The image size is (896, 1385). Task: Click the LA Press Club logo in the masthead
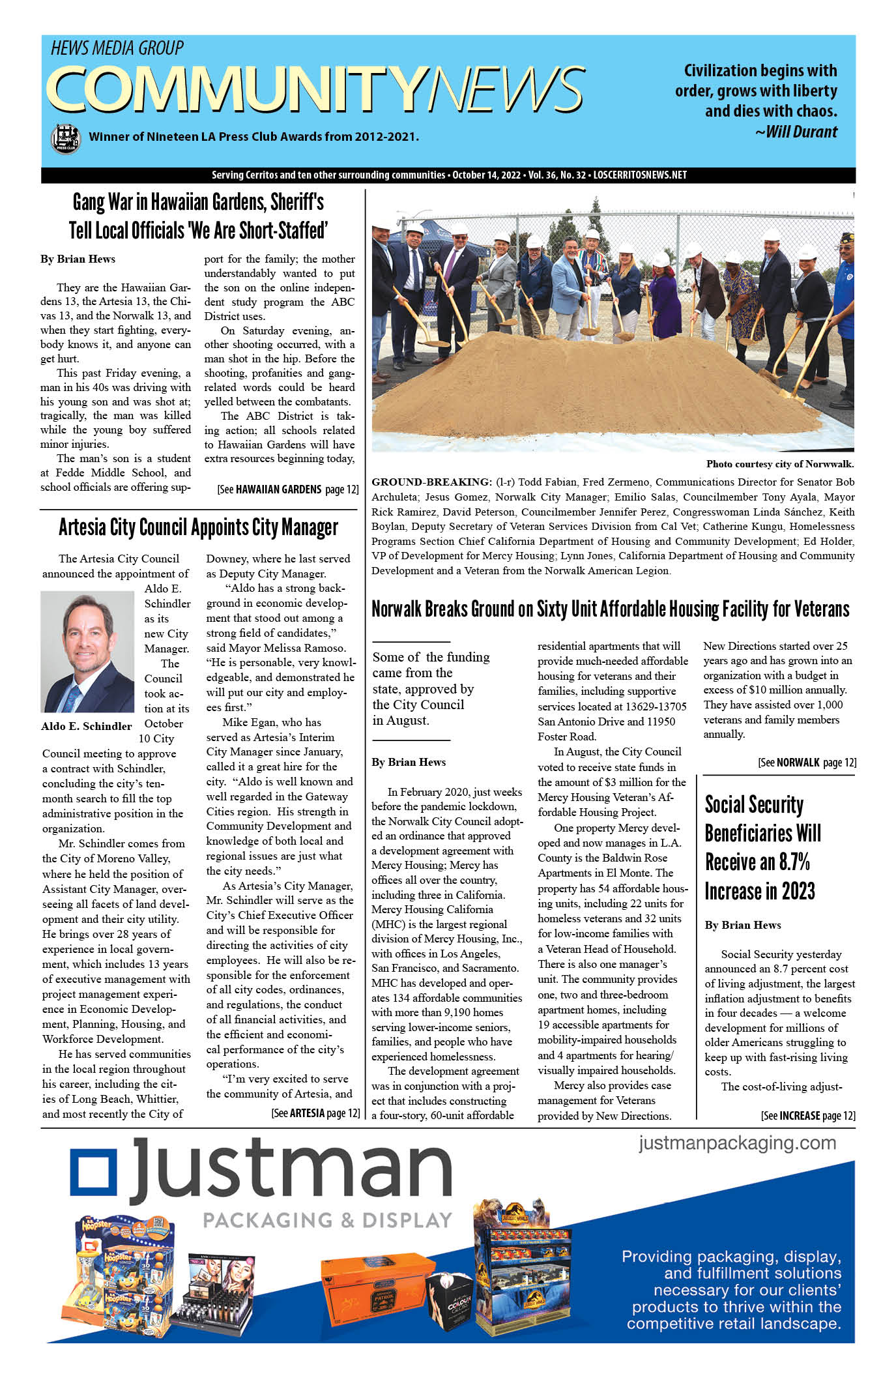(x=65, y=138)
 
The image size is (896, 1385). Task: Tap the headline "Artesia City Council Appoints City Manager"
(x=198, y=527)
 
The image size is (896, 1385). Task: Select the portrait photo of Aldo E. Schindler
(x=87, y=651)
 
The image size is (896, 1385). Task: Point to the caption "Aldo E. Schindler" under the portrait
(x=86, y=726)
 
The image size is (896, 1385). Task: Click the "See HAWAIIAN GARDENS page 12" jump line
(x=287, y=489)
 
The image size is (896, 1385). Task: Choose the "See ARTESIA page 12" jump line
(x=315, y=1113)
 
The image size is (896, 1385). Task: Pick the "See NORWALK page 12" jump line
(x=807, y=762)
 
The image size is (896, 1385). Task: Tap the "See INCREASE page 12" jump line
(x=808, y=1116)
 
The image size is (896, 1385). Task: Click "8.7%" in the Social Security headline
(x=794, y=862)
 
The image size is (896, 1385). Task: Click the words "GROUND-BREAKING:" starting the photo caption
(x=431, y=482)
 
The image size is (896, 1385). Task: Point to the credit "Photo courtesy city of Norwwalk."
(x=779, y=464)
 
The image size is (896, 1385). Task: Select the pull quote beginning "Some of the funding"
(x=430, y=689)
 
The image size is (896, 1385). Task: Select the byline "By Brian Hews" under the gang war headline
(x=78, y=259)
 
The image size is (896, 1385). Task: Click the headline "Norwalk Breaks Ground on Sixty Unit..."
(x=610, y=609)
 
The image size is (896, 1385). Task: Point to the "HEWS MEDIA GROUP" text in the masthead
(x=117, y=48)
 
